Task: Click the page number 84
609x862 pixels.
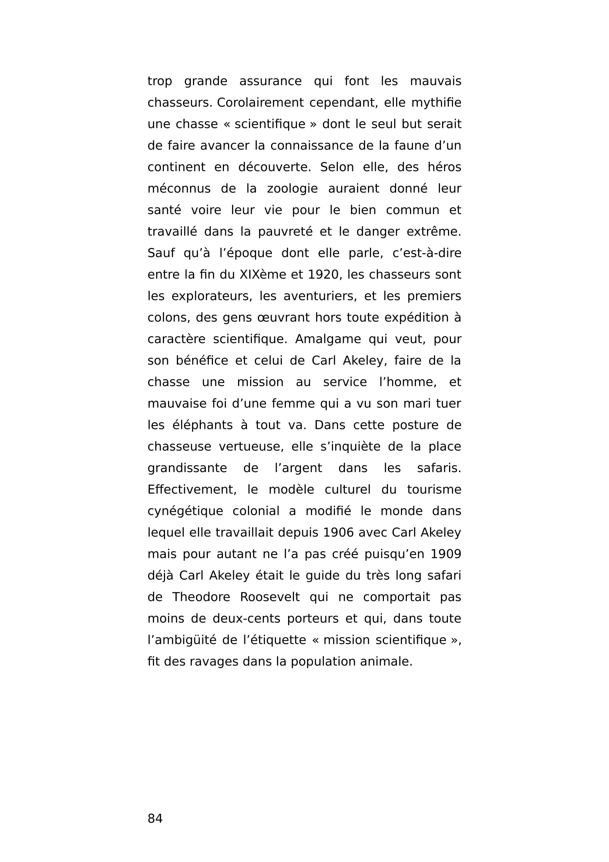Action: tap(155, 818)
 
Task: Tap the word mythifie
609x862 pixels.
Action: tap(436, 102)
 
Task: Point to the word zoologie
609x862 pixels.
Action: tap(292, 188)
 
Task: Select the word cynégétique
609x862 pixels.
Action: tap(185, 511)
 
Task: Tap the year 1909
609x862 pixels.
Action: tap(446, 554)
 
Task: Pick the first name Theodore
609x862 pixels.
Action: tap(201, 597)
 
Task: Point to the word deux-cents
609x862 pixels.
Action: tap(246, 618)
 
